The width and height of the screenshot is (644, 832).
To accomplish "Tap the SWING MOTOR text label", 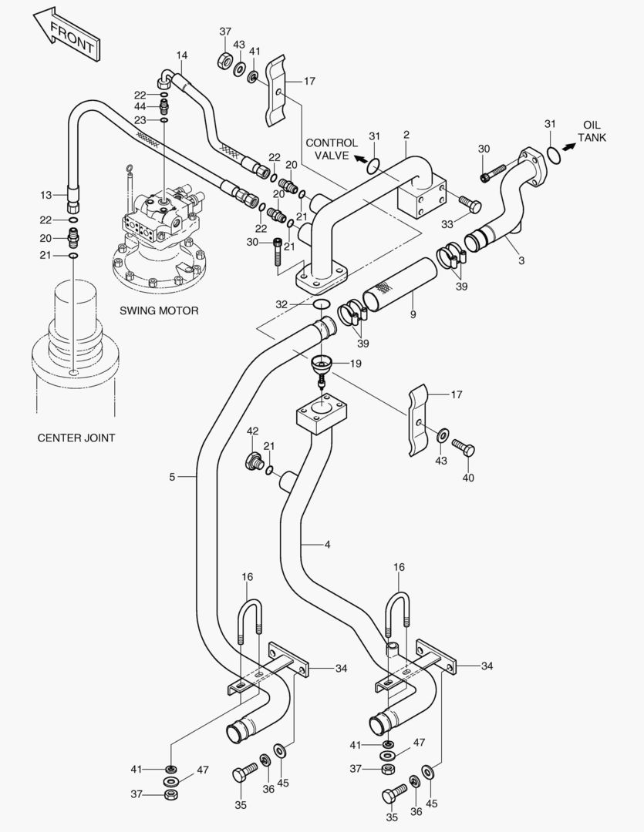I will (159, 311).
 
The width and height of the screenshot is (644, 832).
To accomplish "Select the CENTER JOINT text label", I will (76, 438).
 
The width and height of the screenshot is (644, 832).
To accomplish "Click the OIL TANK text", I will (593, 131).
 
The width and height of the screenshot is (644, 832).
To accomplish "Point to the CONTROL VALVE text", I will (332, 149).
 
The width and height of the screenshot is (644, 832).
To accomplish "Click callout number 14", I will (181, 55).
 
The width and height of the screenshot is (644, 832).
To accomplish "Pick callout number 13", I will (46, 195).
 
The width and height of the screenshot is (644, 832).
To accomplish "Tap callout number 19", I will (355, 363).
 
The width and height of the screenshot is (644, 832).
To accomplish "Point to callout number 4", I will (327, 545).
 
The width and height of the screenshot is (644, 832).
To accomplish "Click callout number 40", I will (468, 478).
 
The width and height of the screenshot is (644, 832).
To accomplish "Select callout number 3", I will (521, 260).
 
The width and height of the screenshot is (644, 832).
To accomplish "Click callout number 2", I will (406, 134).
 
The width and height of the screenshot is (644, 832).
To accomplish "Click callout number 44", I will (140, 106).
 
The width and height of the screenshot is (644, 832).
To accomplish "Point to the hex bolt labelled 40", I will (463, 447).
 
